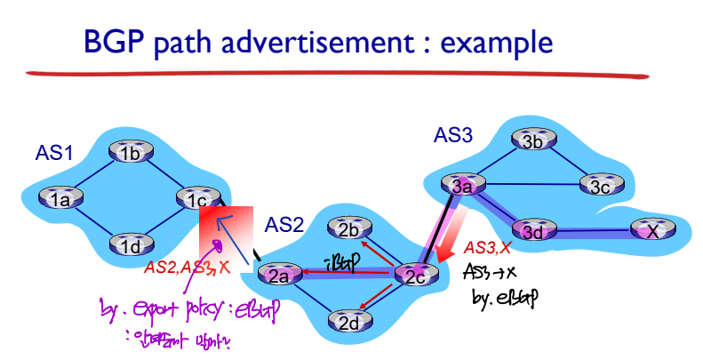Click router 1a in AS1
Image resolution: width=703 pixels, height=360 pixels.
click(x=60, y=198)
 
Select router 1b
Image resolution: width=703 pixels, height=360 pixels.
click(x=132, y=152)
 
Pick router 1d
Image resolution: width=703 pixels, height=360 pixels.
click(x=132, y=243)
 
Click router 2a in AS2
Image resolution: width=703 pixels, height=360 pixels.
click(x=281, y=275)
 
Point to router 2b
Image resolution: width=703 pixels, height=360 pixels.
click(x=349, y=228)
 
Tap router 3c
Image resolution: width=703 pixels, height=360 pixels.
click(x=596, y=186)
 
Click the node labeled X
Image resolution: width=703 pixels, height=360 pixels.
click(x=653, y=230)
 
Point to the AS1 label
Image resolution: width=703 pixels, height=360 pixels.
click(x=54, y=152)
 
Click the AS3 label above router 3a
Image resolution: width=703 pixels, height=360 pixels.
click(x=453, y=134)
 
